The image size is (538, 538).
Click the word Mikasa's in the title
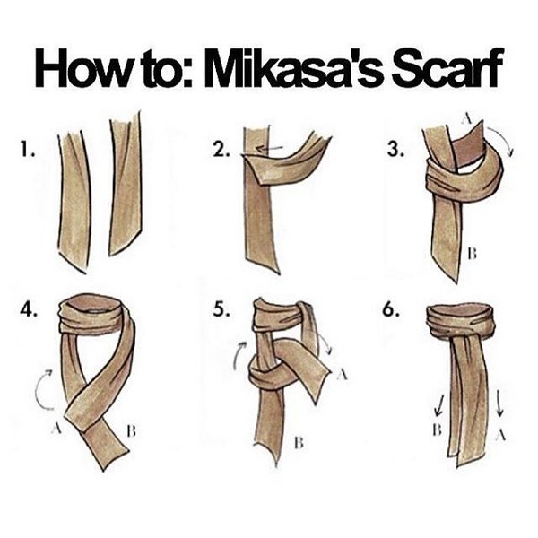pyautogui.click(x=294, y=68)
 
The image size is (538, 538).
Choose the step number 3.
pyautogui.click(x=395, y=150)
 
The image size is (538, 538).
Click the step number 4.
pyautogui.click(x=29, y=310)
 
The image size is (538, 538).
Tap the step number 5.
pyautogui.click(x=221, y=310)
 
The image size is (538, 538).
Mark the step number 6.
pyautogui.click(x=391, y=310)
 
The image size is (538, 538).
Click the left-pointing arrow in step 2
pyautogui.click(x=269, y=149)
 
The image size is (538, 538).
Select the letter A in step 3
pyautogui.click(x=466, y=118)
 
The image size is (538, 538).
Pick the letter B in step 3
pyautogui.click(x=473, y=254)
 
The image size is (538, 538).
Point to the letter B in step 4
pyautogui.click(x=131, y=430)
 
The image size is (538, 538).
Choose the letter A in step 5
pyautogui.click(x=342, y=375)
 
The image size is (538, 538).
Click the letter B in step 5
pyautogui.click(x=299, y=443)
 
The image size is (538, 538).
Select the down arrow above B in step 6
pyautogui.click(x=438, y=405)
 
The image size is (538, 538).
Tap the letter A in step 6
pyautogui.click(x=500, y=436)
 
